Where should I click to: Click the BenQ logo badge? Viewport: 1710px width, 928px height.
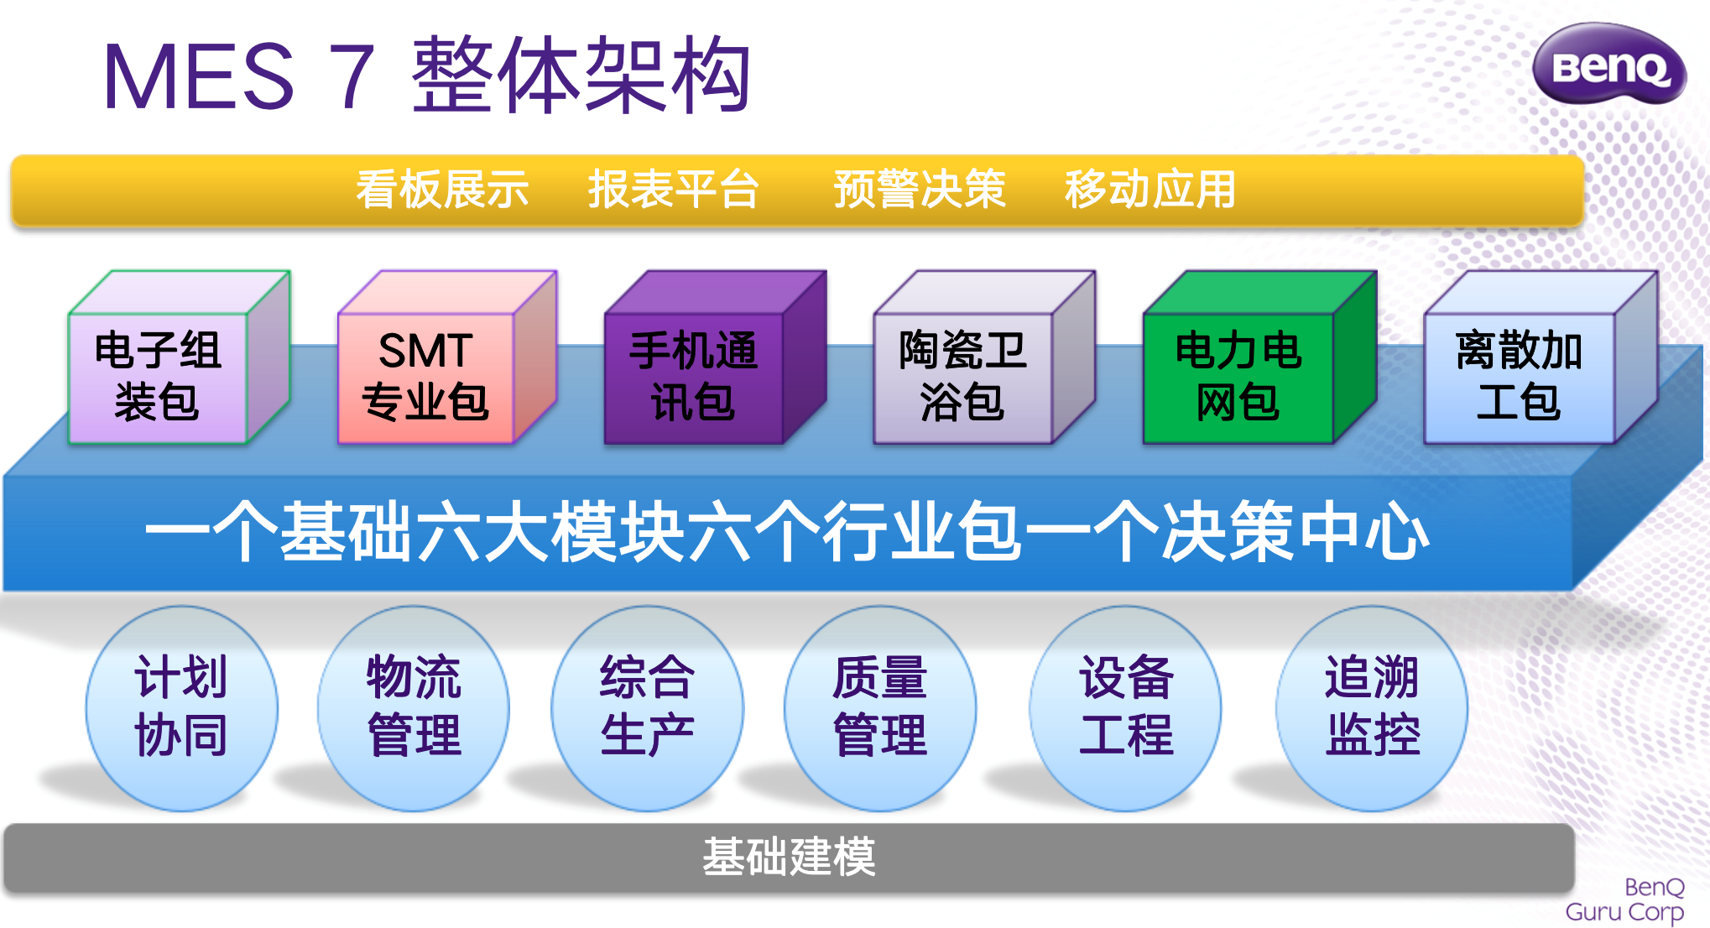pyautogui.click(x=1608, y=65)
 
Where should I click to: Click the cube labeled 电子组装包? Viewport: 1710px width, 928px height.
pyautogui.click(x=179, y=357)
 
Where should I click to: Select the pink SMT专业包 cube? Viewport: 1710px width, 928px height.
pyautogui.click(x=447, y=357)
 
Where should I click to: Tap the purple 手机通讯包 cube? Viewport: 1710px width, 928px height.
pyautogui.click(x=716, y=357)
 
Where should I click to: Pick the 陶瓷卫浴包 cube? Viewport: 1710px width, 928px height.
pyautogui.click(x=984, y=357)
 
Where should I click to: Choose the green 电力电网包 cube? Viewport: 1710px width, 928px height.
pyautogui.click(x=1259, y=357)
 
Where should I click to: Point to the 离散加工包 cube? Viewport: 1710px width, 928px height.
pyautogui.click(x=1541, y=357)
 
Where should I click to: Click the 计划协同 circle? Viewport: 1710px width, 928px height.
pyautogui.click(x=181, y=708)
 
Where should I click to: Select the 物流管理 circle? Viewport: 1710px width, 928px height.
pyautogui.click(x=414, y=708)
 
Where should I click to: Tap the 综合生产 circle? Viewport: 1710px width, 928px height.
pyautogui.click(x=647, y=708)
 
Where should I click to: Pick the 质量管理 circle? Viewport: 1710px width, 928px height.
pyautogui.click(x=880, y=708)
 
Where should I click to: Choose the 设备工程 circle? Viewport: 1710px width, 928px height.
pyautogui.click(x=1126, y=708)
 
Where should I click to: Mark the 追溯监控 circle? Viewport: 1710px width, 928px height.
pyautogui.click(x=1372, y=708)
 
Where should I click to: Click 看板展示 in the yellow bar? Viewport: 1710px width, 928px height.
pyautogui.click(x=442, y=189)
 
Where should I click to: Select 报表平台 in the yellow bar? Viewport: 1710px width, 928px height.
pyautogui.click(x=674, y=189)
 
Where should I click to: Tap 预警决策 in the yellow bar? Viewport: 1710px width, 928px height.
pyautogui.click(x=920, y=189)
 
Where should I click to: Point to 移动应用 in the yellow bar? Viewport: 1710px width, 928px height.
pyautogui.click(x=1151, y=189)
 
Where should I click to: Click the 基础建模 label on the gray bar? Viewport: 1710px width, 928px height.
pyautogui.click(x=789, y=858)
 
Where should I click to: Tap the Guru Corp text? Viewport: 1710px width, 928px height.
pyautogui.click(x=1624, y=912)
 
